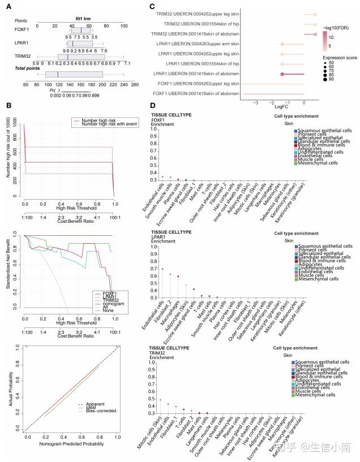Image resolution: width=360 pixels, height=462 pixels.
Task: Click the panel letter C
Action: click(152, 7)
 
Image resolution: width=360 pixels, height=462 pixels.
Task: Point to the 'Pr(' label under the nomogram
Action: click(54, 90)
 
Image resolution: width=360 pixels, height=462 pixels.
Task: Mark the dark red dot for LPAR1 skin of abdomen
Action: click(282, 74)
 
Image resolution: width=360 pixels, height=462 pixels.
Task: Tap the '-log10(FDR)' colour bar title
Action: click(338, 27)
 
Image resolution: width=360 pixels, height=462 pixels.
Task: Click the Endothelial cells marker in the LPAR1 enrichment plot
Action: click(163, 269)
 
